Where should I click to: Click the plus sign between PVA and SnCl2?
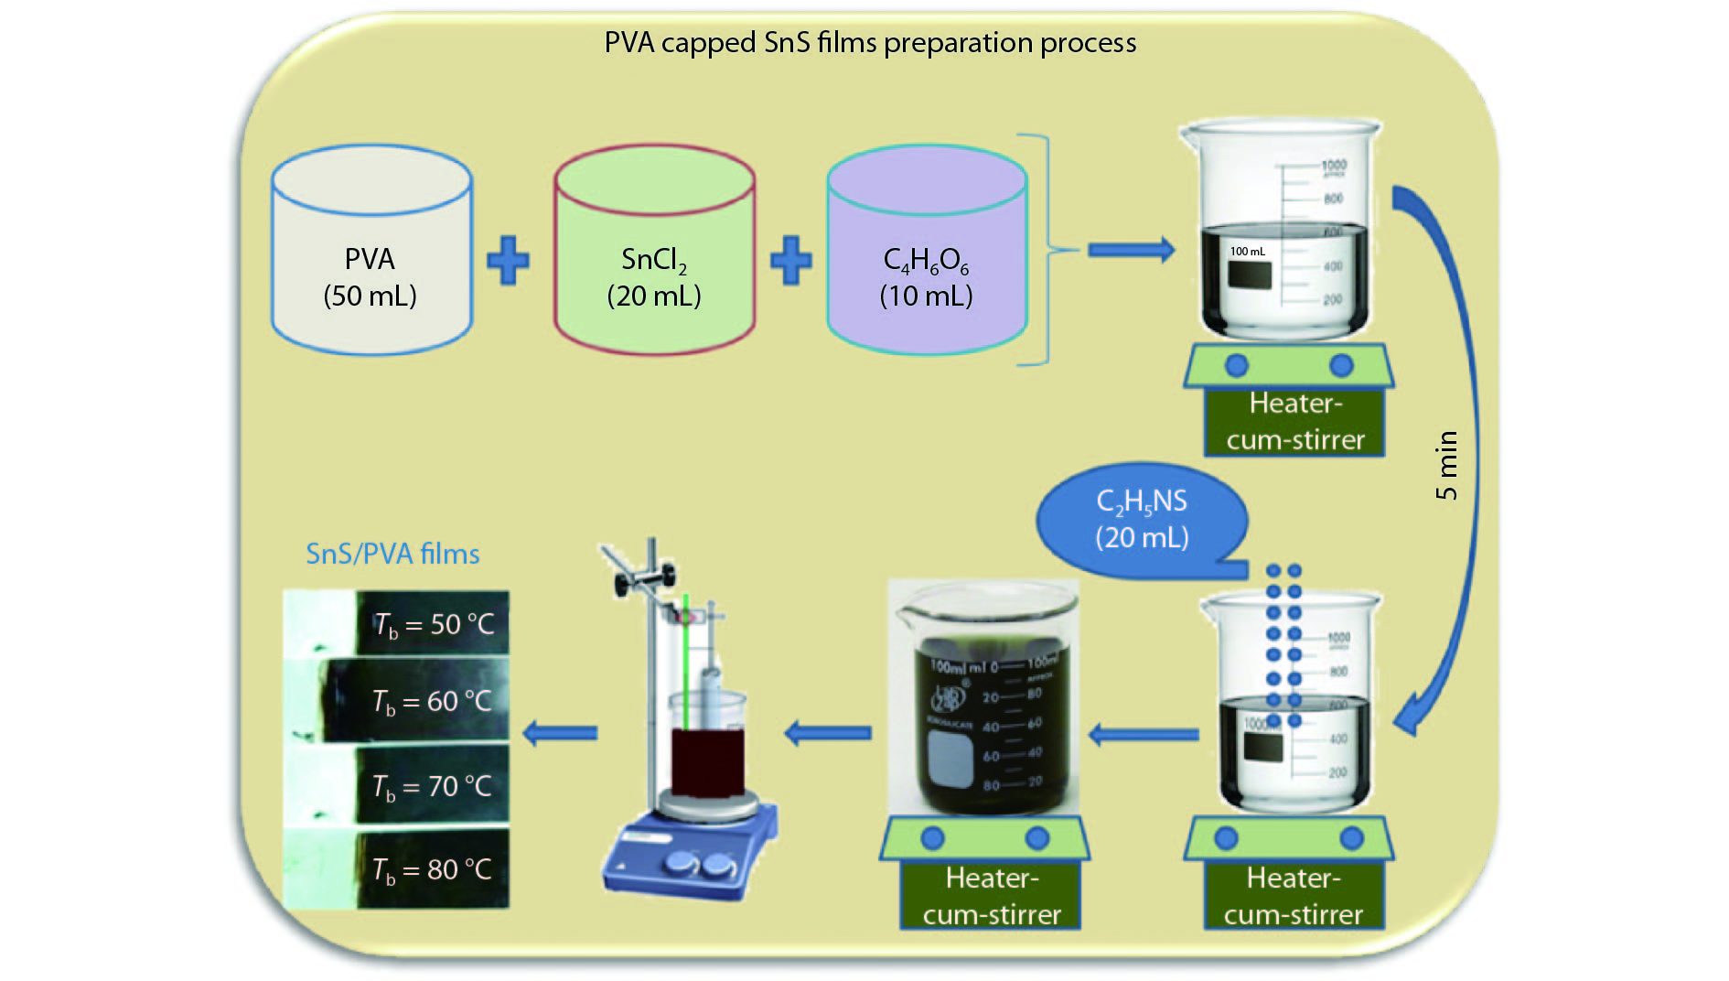(x=508, y=261)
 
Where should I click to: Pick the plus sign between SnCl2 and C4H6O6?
(x=790, y=261)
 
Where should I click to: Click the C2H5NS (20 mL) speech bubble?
(x=1142, y=519)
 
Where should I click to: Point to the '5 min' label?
(x=1446, y=465)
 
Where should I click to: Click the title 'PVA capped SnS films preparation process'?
(x=870, y=43)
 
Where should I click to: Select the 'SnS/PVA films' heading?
(x=392, y=554)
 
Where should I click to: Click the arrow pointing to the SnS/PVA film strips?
(x=560, y=733)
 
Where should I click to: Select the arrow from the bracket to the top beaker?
(x=1131, y=249)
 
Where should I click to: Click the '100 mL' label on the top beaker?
(x=1248, y=252)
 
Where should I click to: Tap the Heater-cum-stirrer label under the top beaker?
(x=1294, y=422)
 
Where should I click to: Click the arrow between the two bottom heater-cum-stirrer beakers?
(x=1144, y=734)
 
